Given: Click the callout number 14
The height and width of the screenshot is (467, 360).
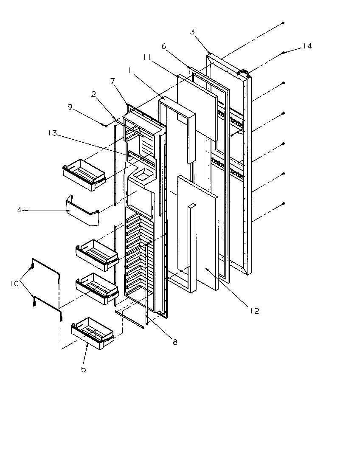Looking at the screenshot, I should coord(307,46).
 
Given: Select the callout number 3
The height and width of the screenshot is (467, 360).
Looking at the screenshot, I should coord(192,32).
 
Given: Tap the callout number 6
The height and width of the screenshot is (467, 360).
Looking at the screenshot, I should coord(163,47).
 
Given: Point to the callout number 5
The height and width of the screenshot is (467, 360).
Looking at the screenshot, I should coord(84,369).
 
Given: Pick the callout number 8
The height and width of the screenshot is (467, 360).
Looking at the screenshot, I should coord(175,342).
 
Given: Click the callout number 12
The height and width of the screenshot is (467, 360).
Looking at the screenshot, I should coord(255,311).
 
